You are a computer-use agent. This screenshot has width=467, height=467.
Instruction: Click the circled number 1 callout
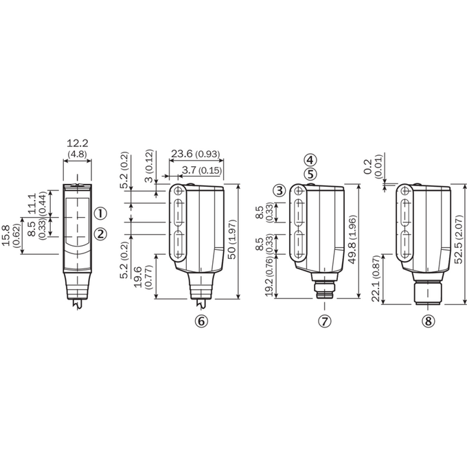tap(100, 214)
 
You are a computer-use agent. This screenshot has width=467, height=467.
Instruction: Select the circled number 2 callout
tap(100, 234)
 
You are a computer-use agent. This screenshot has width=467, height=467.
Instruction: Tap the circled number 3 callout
tap(280, 190)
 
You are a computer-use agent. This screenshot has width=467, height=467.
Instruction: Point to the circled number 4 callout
tap(310, 160)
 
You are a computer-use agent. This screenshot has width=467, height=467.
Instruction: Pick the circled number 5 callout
tap(310, 174)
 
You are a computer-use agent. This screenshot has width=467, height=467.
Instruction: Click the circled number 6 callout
tap(201, 321)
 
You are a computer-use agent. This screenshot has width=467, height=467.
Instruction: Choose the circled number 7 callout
tap(325, 321)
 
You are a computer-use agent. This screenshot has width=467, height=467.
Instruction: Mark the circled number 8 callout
tap(428, 321)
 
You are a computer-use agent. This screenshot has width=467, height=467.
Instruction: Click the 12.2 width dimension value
tap(78, 144)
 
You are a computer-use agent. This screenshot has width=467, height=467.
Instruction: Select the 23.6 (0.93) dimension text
tap(196, 154)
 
